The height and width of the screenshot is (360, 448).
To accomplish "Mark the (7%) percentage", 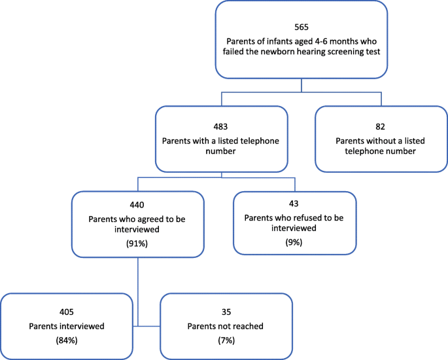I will [226, 342].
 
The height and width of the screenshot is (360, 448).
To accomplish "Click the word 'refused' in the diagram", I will [303, 217].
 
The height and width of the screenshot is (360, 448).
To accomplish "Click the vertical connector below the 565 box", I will [302, 86].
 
